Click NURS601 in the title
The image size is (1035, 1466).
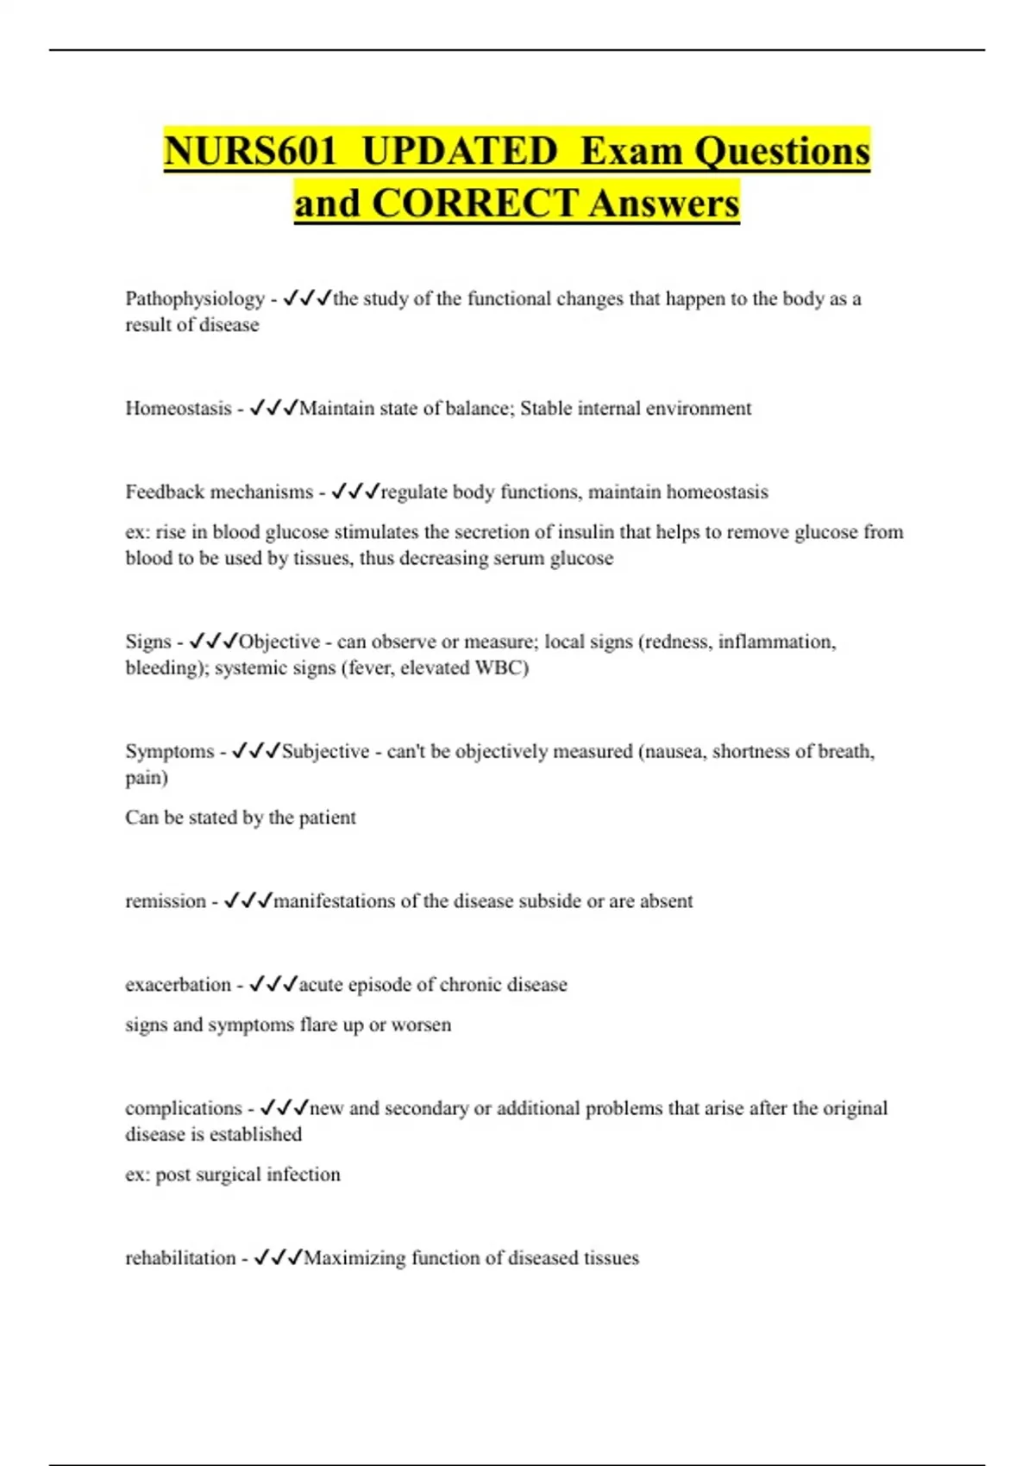(x=249, y=151)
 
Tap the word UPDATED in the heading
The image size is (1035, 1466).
(x=459, y=151)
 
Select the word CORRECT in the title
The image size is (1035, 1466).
(x=474, y=204)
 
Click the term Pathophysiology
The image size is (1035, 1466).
(x=195, y=299)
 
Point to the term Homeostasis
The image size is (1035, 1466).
(x=179, y=409)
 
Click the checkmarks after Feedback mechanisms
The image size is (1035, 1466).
(x=355, y=492)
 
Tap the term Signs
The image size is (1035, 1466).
(x=148, y=642)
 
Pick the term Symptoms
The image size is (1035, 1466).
(x=170, y=751)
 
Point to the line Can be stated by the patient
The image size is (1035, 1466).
(x=241, y=818)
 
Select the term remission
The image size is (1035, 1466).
(x=166, y=901)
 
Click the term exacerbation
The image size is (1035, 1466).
(x=178, y=985)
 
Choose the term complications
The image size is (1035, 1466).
(x=184, y=1108)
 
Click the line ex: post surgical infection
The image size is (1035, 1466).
(x=233, y=1175)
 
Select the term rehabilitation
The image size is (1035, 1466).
(x=180, y=1258)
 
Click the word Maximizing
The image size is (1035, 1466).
(x=354, y=1258)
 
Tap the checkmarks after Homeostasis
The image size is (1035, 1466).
(x=273, y=409)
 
